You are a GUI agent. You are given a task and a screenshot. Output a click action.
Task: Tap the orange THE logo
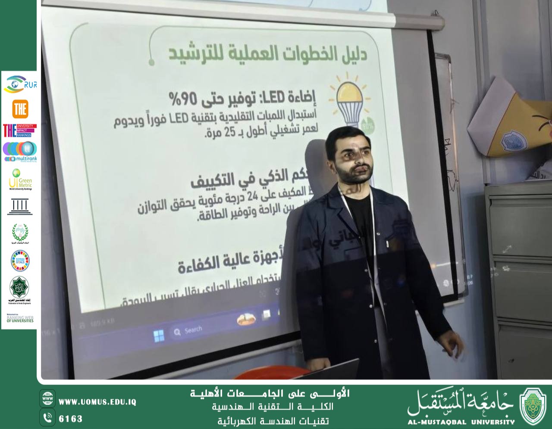click(20, 109)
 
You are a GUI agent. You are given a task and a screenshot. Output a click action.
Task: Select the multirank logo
click(20, 152)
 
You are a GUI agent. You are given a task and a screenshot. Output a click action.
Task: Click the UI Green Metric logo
click(20, 179)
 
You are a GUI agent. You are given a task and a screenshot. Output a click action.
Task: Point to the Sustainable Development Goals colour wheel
click(20, 260)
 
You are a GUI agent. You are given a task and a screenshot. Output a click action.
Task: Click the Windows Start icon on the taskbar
click(159, 335)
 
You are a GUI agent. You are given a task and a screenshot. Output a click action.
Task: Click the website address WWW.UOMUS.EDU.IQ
click(97, 402)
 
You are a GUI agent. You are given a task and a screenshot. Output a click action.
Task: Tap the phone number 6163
click(70, 419)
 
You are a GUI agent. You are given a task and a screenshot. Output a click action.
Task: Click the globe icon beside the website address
click(47, 399)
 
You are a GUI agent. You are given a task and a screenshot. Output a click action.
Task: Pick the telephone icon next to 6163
click(47, 417)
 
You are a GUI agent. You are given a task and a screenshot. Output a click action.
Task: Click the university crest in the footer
click(533, 406)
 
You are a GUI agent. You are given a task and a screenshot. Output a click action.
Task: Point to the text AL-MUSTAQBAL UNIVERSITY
click(461, 422)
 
